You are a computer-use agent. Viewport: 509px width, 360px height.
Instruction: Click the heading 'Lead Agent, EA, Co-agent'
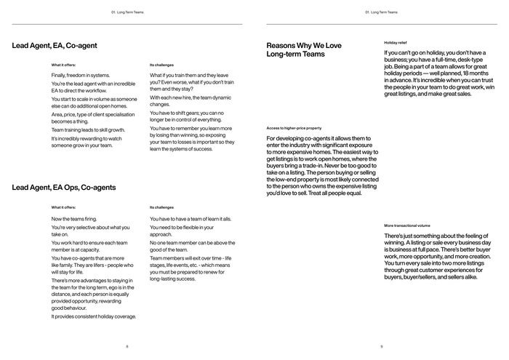click(x=55, y=46)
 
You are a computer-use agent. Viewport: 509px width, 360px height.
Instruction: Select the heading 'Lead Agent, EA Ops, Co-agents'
click(x=63, y=188)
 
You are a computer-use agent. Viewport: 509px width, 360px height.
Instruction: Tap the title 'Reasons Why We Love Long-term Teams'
click(x=303, y=49)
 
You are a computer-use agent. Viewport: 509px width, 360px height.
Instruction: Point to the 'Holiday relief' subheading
click(x=396, y=43)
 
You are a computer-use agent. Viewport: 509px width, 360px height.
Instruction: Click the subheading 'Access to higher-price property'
click(x=294, y=128)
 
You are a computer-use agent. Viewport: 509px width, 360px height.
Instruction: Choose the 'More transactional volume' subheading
click(x=407, y=225)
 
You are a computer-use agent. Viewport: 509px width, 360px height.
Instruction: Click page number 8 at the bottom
click(x=127, y=346)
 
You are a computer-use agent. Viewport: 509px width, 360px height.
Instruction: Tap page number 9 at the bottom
click(x=382, y=346)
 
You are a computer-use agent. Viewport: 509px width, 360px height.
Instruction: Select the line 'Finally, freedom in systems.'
click(x=80, y=75)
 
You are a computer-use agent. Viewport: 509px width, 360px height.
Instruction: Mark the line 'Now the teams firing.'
click(x=75, y=219)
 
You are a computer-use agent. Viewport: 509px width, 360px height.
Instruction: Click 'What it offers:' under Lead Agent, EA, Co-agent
click(x=63, y=65)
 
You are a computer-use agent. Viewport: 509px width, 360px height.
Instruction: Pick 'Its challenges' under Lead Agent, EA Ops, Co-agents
click(x=161, y=207)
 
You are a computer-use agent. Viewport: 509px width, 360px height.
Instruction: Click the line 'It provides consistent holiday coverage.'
click(x=94, y=316)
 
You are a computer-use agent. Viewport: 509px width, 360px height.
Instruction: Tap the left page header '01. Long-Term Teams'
click(x=127, y=12)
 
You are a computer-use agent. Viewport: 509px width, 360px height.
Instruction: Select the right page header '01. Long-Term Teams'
click(x=382, y=12)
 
